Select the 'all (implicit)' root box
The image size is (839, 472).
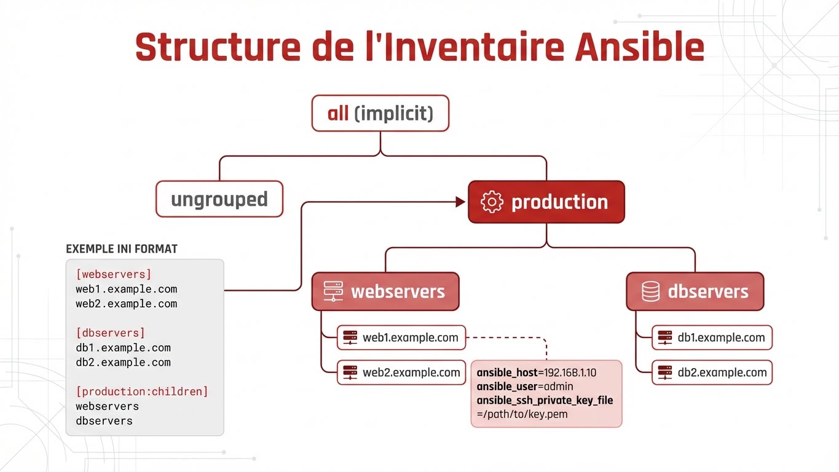pos(380,113)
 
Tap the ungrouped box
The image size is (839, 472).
pos(219,199)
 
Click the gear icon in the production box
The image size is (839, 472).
pos(492,202)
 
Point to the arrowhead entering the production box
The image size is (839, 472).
pos(460,202)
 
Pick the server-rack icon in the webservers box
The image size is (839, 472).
pos(333,291)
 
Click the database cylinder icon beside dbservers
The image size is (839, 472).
pos(650,291)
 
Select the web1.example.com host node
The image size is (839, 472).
pos(401,337)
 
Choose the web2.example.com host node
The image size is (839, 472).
pos(401,372)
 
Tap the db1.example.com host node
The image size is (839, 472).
pos(712,337)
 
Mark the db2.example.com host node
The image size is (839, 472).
pos(712,372)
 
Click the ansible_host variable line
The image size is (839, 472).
pos(537,372)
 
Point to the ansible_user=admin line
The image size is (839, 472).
pos(525,387)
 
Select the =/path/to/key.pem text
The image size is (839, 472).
pos(522,414)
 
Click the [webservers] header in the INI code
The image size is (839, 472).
pos(114,274)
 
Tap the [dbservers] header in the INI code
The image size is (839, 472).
pos(111,333)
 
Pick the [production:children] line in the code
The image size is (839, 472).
pos(142,391)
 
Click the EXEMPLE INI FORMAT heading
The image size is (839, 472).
pos(122,249)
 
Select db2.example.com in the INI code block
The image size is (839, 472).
pos(123,363)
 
